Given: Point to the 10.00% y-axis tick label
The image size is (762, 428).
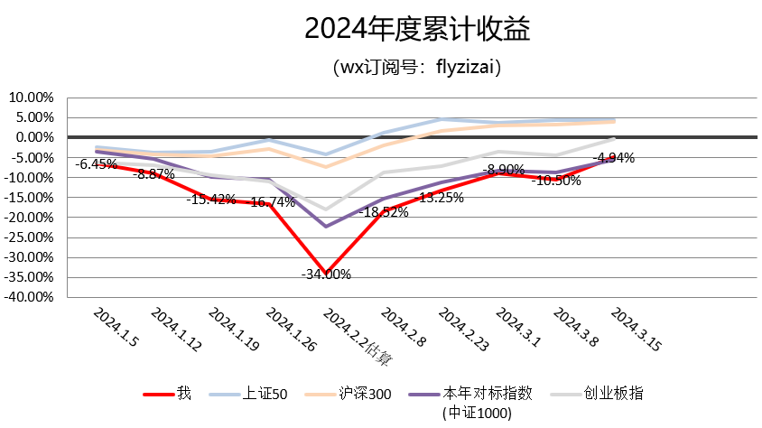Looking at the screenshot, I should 32,98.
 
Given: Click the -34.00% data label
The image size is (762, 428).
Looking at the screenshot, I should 326,274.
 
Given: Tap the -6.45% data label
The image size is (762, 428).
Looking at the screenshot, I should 96,164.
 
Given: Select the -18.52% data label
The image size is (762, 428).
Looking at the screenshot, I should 384,212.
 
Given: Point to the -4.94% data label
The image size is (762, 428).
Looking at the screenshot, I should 613,157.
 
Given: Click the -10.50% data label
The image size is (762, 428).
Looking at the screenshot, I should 556,180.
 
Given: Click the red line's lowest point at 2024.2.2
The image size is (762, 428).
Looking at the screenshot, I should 327,273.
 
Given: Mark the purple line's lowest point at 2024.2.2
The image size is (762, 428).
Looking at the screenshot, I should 327,226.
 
